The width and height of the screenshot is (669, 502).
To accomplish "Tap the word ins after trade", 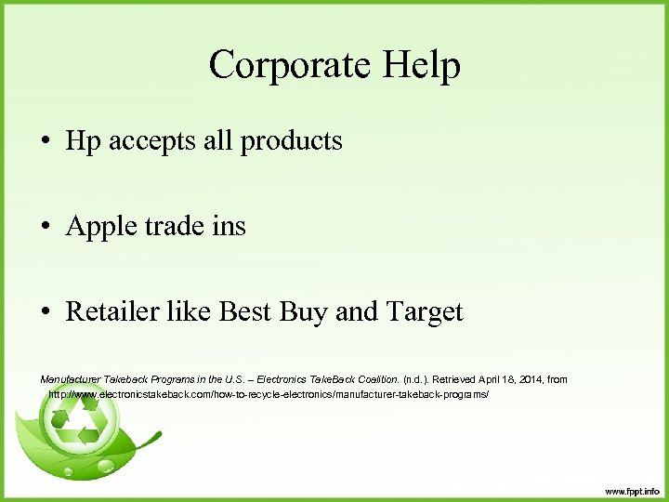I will coord(227,226).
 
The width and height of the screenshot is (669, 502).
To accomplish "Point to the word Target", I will coord(424,311).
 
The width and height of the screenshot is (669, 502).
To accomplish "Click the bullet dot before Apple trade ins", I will coord(46,227).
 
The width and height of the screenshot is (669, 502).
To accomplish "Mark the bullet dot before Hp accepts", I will coord(46,142).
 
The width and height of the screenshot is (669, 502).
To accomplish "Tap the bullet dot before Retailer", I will coord(46,312).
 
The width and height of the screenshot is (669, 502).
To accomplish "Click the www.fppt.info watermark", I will coord(631,491).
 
